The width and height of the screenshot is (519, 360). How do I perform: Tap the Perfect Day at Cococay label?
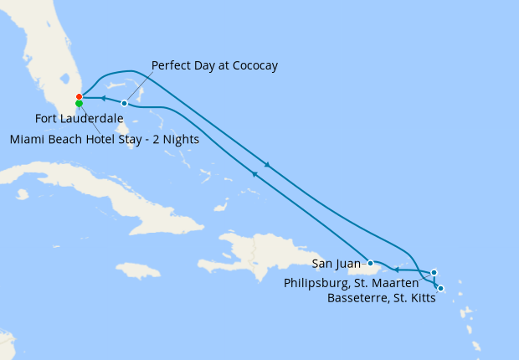(x=214, y=65)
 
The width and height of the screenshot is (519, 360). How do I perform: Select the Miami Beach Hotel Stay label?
(x=105, y=139)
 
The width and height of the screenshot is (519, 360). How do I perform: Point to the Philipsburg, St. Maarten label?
(x=362, y=284)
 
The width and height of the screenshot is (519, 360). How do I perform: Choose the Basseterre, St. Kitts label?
(x=382, y=298)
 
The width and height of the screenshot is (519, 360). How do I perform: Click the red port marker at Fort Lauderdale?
(x=79, y=97)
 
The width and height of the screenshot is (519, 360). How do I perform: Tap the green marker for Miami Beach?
(x=79, y=104)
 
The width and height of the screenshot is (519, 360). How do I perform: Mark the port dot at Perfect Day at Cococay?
(x=124, y=103)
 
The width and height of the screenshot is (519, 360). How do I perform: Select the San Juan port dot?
(x=370, y=263)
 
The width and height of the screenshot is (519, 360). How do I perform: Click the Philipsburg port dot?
(x=434, y=272)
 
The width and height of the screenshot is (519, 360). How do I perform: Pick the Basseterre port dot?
(x=440, y=289)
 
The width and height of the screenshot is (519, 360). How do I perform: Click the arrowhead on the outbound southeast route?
(x=267, y=165)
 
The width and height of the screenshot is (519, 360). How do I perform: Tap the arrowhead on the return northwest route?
(x=254, y=173)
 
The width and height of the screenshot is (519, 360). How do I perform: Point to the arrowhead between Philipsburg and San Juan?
(x=397, y=270)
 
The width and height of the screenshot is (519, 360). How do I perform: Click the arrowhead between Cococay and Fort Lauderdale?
(x=104, y=99)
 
